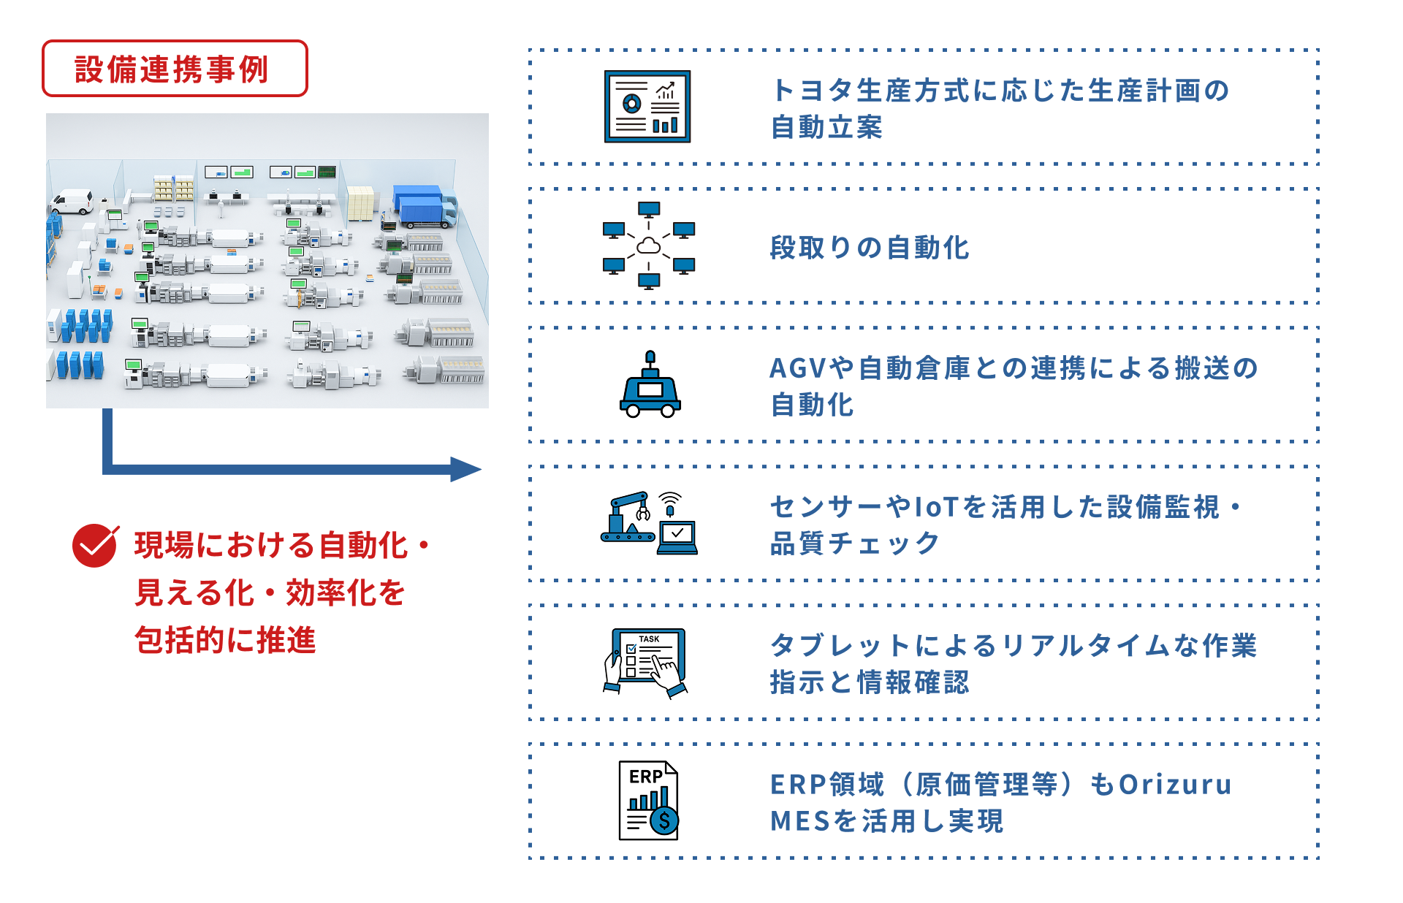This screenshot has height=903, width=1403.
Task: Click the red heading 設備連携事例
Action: [x=172, y=69]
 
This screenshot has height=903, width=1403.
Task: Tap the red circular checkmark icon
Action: [x=95, y=545]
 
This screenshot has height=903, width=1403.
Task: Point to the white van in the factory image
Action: [x=72, y=201]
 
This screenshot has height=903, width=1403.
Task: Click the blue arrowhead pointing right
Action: [x=465, y=469]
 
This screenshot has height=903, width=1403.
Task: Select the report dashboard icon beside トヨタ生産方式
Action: [x=647, y=107]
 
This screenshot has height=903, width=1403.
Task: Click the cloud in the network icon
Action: [x=649, y=246]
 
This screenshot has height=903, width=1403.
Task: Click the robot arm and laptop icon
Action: [x=649, y=523]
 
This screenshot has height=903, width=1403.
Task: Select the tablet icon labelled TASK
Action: [x=647, y=662]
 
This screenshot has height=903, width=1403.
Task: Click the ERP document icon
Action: [x=649, y=801]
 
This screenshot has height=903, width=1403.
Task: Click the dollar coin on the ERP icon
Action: [x=664, y=820]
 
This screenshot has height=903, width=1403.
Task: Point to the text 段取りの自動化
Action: [x=870, y=248]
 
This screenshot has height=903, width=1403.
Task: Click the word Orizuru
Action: [x=1176, y=785]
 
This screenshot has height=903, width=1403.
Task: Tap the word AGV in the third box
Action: [x=798, y=368]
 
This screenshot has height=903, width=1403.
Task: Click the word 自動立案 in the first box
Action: [x=826, y=127]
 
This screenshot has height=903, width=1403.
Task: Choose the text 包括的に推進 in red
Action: [x=225, y=640]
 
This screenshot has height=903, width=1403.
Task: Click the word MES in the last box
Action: [x=801, y=821]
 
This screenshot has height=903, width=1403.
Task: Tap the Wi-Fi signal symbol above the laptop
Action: [x=670, y=500]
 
